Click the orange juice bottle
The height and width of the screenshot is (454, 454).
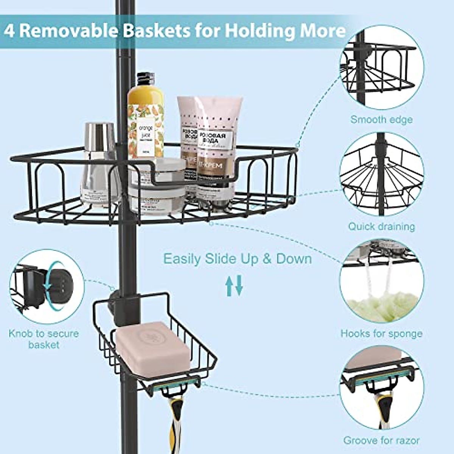point(146,121)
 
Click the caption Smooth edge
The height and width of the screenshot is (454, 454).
point(381,120)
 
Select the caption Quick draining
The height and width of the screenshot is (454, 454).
point(381,227)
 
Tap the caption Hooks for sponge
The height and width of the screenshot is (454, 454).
point(381,334)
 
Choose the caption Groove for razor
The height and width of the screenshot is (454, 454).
point(381,440)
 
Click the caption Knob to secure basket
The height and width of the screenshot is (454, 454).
point(44,339)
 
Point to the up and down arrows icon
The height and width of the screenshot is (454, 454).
point(234,286)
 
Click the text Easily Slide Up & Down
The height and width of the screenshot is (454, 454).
point(238,259)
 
